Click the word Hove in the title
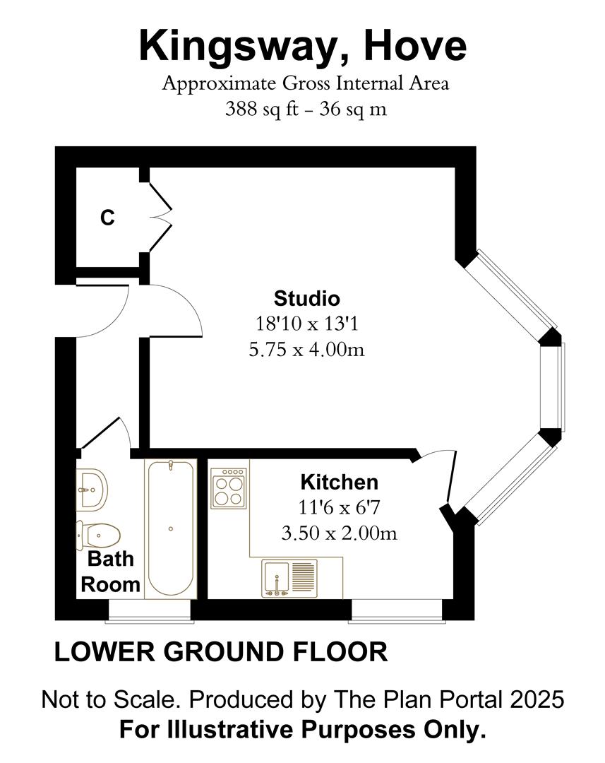click(x=415, y=46)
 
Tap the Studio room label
click(x=307, y=298)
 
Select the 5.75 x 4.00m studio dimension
click(x=306, y=350)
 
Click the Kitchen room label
click(x=340, y=483)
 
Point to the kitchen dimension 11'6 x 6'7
click(x=339, y=508)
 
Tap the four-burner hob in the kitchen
click(x=229, y=488)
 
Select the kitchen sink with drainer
click(x=289, y=578)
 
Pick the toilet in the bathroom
click(x=98, y=536)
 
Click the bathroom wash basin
click(x=92, y=490)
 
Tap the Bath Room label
click(x=110, y=572)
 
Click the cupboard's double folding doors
click(x=160, y=218)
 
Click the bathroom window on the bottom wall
click(x=150, y=610)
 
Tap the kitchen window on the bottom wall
click(x=397, y=610)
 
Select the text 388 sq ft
click(x=262, y=109)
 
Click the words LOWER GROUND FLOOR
click(x=221, y=652)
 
